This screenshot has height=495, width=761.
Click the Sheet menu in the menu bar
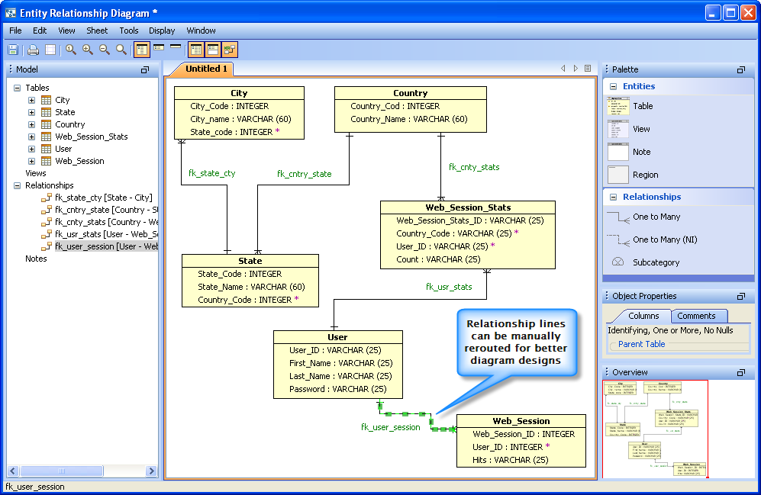97,31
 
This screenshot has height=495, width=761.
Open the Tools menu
129,31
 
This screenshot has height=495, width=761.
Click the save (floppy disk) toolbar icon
13,50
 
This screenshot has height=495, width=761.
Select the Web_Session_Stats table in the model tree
91,137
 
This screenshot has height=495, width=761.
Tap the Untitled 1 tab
206,69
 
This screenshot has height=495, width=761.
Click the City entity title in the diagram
239,93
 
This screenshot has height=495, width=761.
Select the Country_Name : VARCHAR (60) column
408,119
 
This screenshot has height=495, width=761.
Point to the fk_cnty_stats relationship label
473,167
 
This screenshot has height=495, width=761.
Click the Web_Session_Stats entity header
468,207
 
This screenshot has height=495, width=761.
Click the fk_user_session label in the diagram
390,428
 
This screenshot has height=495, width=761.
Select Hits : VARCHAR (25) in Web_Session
510,460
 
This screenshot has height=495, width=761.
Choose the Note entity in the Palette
641,152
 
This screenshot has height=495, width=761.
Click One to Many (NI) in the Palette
664,239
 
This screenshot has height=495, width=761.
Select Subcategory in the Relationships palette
656,262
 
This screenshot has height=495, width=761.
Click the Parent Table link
641,344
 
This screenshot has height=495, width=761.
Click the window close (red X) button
747,12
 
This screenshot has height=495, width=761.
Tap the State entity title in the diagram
250,261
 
